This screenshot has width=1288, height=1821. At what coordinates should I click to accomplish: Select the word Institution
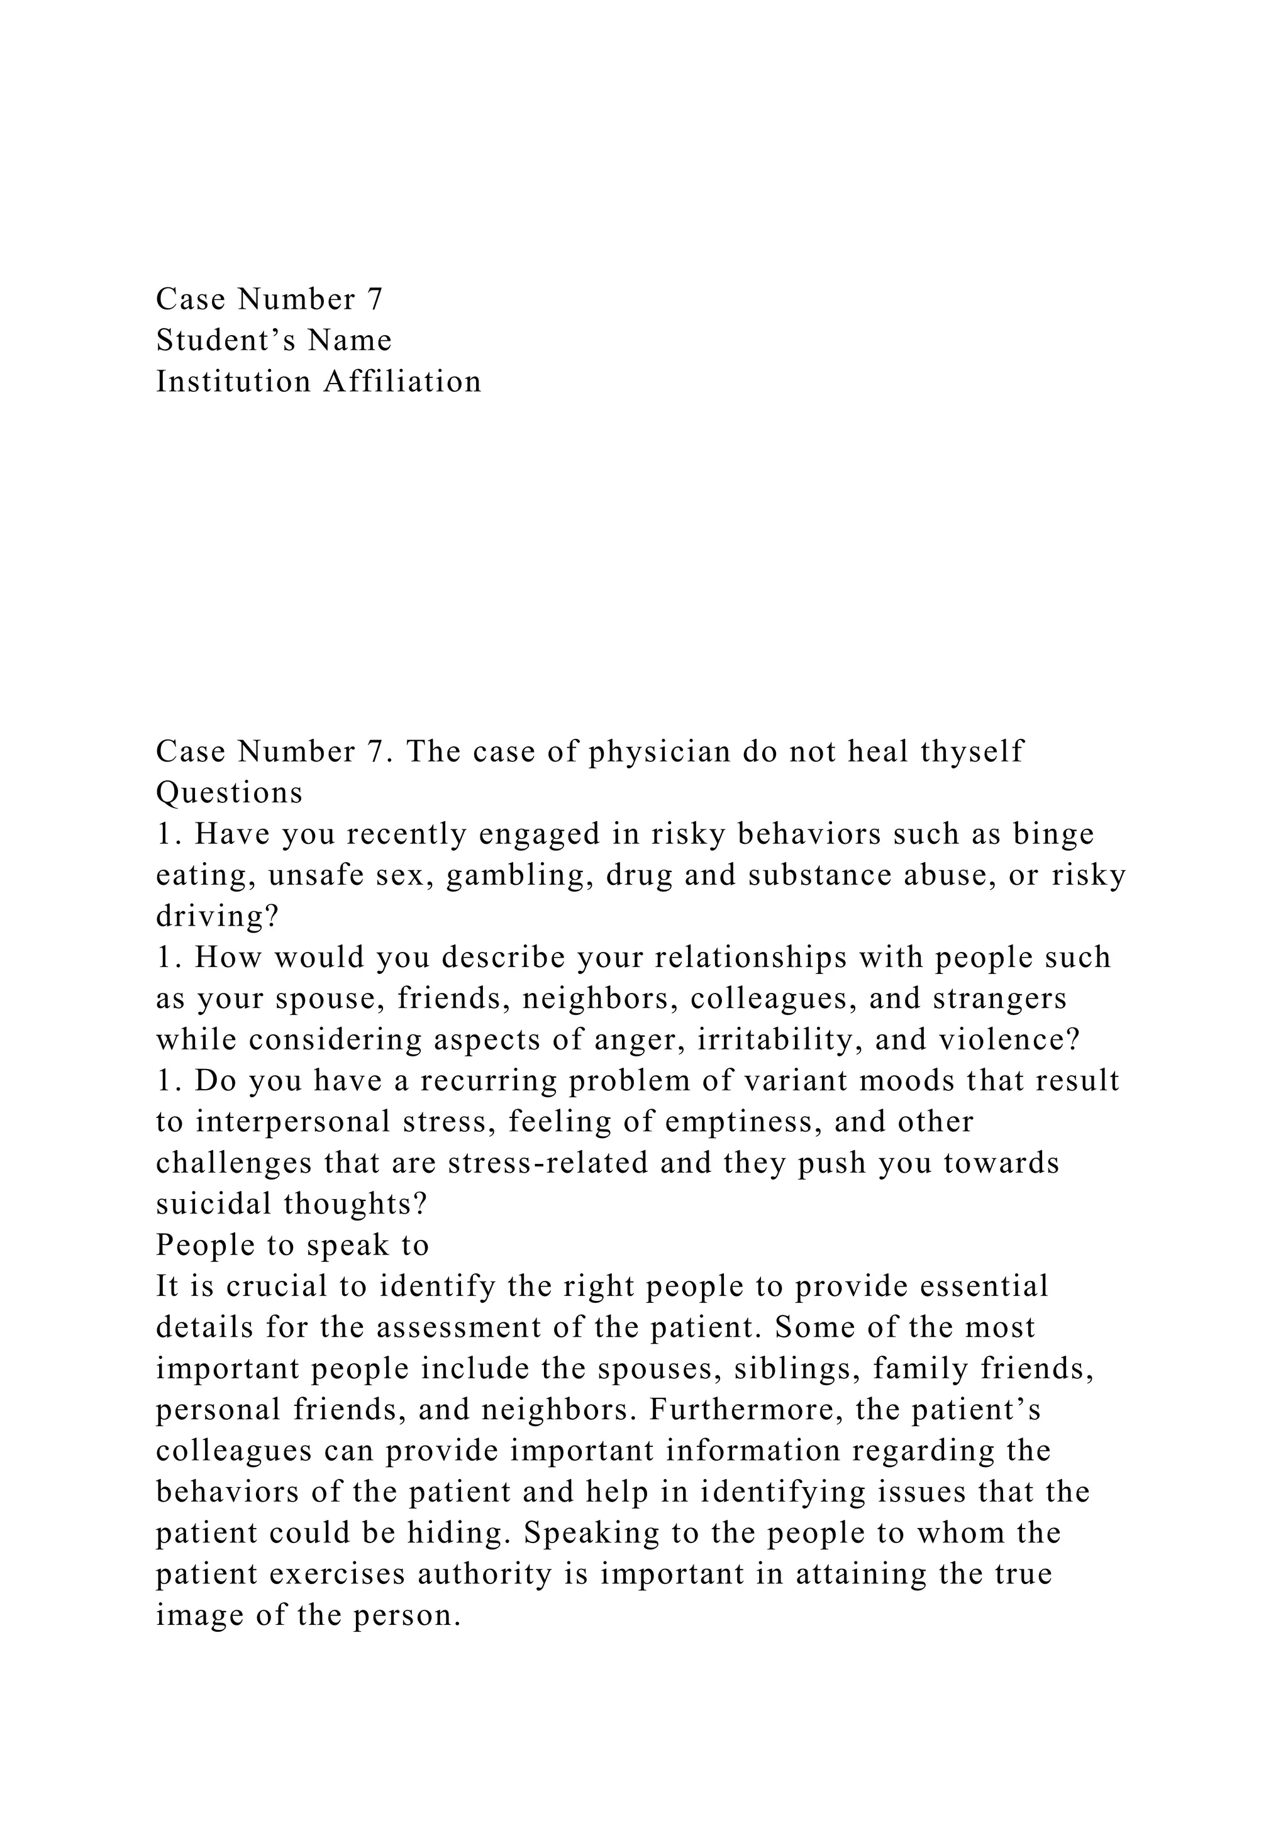[234, 382]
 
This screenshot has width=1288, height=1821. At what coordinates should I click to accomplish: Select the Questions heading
[229, 793]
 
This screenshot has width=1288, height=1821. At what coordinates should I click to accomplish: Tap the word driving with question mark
[218, 917]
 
